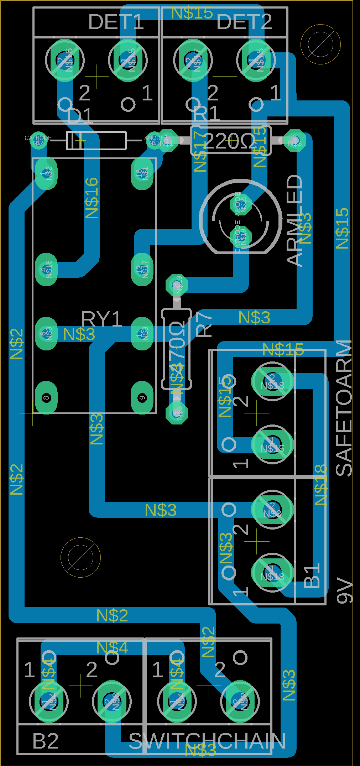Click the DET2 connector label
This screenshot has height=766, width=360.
[x=244, y=22]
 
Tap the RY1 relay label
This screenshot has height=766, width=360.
[x=101, y=319]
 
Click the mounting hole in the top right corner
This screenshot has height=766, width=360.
[x=320, y=44]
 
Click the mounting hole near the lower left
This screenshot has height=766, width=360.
[x=80, y=557]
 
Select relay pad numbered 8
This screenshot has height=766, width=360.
[x=46, y=398]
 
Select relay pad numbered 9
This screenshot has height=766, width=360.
[x=142, y=398]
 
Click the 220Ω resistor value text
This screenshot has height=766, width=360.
[x=229, y=141]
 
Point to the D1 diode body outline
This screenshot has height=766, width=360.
[x=96, y=141]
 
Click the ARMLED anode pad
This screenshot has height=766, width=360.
[x=241, y=204]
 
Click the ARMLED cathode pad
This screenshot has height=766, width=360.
[x=241, y=236]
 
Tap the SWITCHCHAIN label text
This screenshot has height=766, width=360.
[x=207, y=741]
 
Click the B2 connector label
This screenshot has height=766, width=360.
[x=46, y=741]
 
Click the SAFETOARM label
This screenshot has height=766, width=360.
[x=344, y=408]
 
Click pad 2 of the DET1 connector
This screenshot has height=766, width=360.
[x=65, y=60]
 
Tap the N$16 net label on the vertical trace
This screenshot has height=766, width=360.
[x=92, y=198]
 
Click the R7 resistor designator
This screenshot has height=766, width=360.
[x=204, y=324]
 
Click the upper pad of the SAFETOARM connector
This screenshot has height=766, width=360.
[x=272, y=381]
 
